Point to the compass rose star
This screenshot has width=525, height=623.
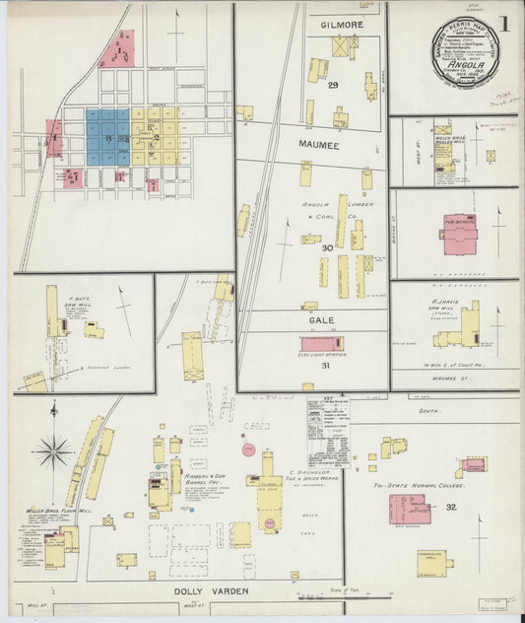53,452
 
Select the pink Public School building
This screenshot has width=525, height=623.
458,234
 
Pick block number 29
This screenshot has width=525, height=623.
333,86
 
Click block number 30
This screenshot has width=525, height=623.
326,247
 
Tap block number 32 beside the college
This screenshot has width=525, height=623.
451,507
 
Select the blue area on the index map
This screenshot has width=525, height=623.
107,135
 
